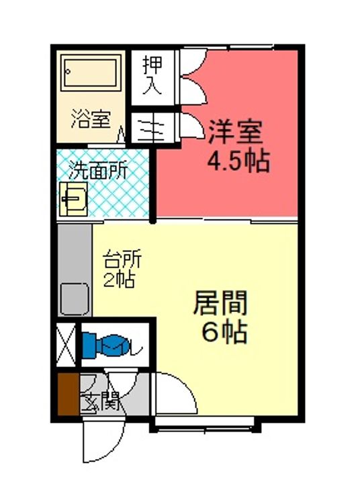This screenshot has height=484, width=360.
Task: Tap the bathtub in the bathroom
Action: point(91,73)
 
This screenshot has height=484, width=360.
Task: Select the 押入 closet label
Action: point(152,75)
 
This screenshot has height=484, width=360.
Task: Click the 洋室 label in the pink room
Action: point(235,132)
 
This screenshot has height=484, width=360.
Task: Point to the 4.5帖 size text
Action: point(238,161)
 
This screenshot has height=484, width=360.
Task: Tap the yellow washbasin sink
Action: point(74,199)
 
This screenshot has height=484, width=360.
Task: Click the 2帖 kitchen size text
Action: point(118,280)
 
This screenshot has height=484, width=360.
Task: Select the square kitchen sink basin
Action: point(75,299)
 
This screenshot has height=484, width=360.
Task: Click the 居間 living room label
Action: point(220,303)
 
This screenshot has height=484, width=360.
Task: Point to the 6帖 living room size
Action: point(224,333)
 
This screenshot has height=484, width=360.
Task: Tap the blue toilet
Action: point(104,346)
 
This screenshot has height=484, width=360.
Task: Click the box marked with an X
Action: point(66,344)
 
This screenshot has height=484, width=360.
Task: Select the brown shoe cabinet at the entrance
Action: point(69,395)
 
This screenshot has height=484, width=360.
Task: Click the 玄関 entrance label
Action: point(100,401)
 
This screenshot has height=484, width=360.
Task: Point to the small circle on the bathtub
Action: point(68,72)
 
